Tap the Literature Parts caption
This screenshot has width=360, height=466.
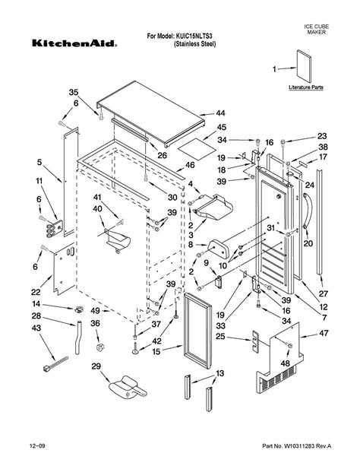click(306, 88)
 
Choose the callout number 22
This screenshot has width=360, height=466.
click(36, 293)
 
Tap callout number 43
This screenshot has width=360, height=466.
click(36, 328)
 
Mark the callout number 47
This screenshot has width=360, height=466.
click(324, 334)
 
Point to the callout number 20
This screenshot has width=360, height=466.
click(308, 244)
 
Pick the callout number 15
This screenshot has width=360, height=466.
click(156, 351)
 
